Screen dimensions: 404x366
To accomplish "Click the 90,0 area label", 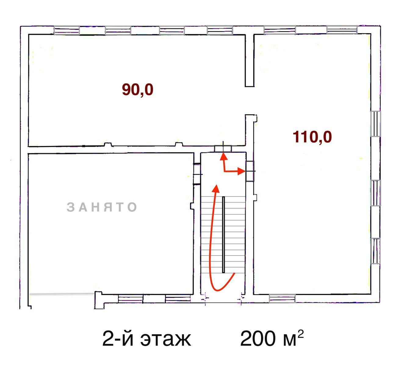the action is [x=138, y=90].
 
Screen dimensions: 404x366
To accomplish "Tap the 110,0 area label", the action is [x=312, y=137].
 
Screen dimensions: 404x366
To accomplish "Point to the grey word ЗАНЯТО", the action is [x=102, y=207].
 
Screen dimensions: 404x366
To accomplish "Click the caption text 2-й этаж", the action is [x=146, y=339].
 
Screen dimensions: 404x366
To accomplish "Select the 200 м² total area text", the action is [x=272, y=338].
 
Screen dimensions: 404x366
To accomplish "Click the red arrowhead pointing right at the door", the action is [x=241, y=171].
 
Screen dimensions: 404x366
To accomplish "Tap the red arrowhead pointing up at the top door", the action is [x=223, y=157].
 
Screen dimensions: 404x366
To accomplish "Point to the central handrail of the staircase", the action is [x=223, y=235].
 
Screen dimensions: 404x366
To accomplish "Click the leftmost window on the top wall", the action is [x=67, y=30].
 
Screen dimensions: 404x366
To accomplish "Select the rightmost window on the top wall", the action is [x=342, y=30].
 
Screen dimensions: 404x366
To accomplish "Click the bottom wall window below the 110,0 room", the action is [x=282, y=299].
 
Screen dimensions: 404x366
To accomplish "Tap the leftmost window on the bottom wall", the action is [x=131, y=299].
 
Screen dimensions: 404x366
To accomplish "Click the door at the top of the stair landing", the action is [x=223, y=149].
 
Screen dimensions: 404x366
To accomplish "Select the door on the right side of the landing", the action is [x=250, y=171].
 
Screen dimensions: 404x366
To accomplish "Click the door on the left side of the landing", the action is [x=197, y=174].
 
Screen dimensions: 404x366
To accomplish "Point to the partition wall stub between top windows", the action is [x=250, y=60].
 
